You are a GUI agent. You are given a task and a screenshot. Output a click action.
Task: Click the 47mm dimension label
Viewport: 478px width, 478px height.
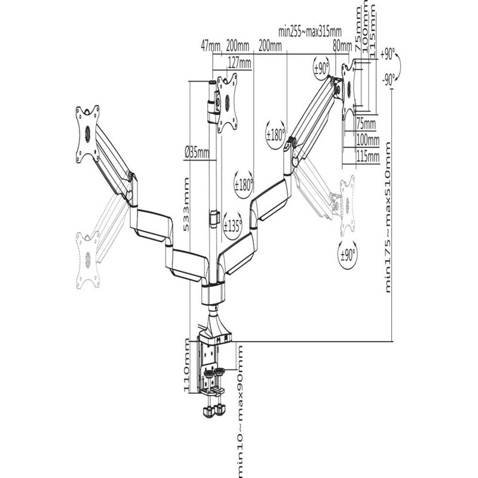pyautogui.click(x=210, y=47)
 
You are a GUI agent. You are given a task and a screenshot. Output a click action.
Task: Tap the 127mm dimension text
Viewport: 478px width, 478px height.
pyautogui.click(x=240, y=63)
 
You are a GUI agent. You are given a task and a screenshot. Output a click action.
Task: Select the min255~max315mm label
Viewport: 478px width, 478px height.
pyautogui.click(x=310, y=32)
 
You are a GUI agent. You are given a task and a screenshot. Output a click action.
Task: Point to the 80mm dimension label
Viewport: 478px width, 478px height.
pyautogui.click(x=342, y=47)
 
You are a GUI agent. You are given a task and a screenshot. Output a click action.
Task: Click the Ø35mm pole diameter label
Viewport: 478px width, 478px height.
pyautogui.click(x=197, y=152)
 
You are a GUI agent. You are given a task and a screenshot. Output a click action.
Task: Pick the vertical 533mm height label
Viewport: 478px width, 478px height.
pyautogui.click(x=186, y=204)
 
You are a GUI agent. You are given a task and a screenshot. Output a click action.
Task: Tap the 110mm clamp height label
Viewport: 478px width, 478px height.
pyautogui.click(x=186, y=366)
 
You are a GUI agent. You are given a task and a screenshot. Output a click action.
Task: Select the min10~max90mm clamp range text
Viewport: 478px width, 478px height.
pyautogui.click(x=241, y=412)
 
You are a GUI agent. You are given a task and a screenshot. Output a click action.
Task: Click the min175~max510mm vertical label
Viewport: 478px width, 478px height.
pyautogui.click(x=388, y=217)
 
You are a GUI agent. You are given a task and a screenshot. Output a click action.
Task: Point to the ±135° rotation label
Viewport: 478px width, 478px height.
pyautogui.click(x=232, y=226)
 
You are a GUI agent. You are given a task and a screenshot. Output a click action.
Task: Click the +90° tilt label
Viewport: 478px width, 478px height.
pyautogui.click(x=387, y=55)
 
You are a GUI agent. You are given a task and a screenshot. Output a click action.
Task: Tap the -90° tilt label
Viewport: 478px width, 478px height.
pyautogui.click(x=388, y=80)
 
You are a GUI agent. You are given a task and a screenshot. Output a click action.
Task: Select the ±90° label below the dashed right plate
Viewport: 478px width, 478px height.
pyautogui.click(x=348, y=255)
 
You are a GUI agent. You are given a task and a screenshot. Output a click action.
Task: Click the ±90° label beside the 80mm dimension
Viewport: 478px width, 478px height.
pyautogui.click(x=321, y=68)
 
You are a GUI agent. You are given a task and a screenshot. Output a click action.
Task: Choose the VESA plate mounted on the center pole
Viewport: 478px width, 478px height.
pyautogui.click(x=227, y=103)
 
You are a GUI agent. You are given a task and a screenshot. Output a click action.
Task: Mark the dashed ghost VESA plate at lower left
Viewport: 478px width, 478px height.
pyautogui.click(x=88, y=260)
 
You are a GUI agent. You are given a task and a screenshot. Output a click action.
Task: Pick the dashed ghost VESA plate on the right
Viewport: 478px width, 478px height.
pyautogui.click(x=347, y=205)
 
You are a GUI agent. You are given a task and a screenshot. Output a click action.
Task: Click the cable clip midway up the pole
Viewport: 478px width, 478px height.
pyautogui.click(x=215, y=218)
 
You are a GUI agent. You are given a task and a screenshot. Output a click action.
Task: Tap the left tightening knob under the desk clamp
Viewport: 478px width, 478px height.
pyautogui.click(x=209, y=410)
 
